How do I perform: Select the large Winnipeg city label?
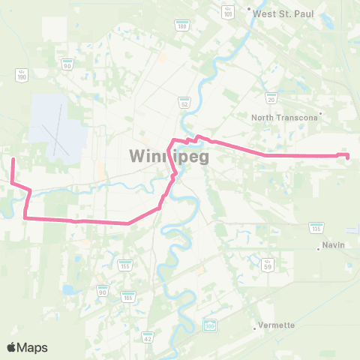pyautogui.click(x=168, y=157)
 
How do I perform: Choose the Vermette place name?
pyautogui.click(x=277, y=325)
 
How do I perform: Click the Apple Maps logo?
pyautogui.click(x=27, y=347)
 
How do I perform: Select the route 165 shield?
pyautogui.click(x=127, y=298)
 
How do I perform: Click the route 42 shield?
pyautogui.click(x=148, y=337)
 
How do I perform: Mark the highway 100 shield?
pyautogui.click(x=210, y=325)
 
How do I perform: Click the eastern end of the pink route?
pyautogui.click(x=347, y=156)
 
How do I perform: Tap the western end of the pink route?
pyautogui.click(x=13, y=159)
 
